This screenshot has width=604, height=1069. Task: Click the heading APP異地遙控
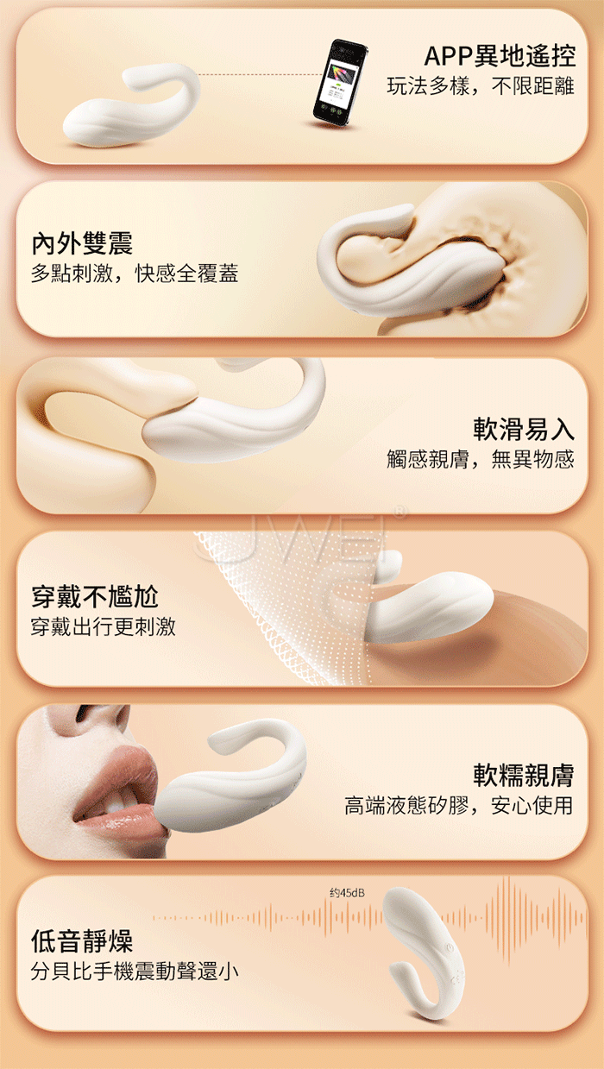coord(500,56)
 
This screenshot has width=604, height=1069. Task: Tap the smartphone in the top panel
coord(340,84)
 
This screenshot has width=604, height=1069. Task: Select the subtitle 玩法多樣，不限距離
coord(481,86)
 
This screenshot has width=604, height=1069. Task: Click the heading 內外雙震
coord(82,243)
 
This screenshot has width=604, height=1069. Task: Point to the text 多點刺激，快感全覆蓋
coord(135,274)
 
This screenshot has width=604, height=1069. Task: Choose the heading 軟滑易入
coord(524,429)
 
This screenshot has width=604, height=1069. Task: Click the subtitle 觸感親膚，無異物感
coord(481,459)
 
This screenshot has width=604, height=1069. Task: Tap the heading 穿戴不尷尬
coord(94,596)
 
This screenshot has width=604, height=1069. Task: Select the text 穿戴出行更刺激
coord(103,626)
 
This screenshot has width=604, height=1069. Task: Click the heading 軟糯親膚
coord(524,775)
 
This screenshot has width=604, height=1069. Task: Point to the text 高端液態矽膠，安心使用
coord(459,806)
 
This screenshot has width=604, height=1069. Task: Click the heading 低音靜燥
coord(82,941)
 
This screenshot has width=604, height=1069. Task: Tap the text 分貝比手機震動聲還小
coord(135,972)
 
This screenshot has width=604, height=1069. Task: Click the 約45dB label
coord(347,892)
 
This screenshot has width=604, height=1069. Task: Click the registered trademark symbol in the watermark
coord(400,512)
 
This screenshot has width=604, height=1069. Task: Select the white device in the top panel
coord(131,105)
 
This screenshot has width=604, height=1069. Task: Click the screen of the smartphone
coord(340,81)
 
